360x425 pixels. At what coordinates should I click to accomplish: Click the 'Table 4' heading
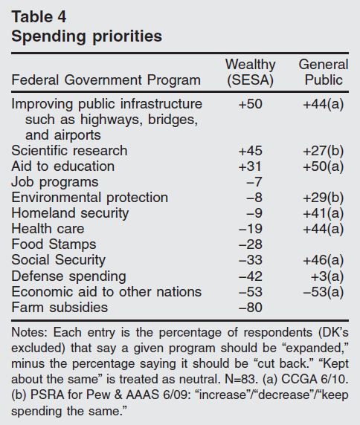point(39,17)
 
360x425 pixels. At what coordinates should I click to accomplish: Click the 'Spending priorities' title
point(87,36)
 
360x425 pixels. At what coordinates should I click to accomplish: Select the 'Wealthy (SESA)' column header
point(250,72)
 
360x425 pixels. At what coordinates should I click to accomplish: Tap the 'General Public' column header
point(324,72)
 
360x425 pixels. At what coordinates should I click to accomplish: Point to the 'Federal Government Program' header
point(106,80)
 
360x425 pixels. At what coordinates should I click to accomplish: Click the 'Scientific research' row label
point(69,150)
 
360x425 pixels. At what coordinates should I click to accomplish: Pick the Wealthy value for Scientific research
point(251,151)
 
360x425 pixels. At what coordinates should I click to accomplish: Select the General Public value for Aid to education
point(324,166)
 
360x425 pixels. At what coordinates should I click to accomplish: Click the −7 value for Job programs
point(254,182)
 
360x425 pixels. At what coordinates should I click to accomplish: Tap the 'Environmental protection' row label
point(90,198)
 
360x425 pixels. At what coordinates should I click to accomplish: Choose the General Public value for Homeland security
point(324,213)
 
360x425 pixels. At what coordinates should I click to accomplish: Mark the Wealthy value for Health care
point(251,229)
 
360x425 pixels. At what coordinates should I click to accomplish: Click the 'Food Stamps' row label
point(54,244)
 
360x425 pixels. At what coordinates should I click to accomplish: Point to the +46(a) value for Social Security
point(324,260)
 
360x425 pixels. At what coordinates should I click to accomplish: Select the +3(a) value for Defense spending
point(327,276)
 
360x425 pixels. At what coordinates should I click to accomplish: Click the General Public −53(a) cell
point(324,292)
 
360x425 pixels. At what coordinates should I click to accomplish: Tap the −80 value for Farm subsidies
point(251,308)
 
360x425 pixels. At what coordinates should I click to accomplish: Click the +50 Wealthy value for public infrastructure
point(251,104)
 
